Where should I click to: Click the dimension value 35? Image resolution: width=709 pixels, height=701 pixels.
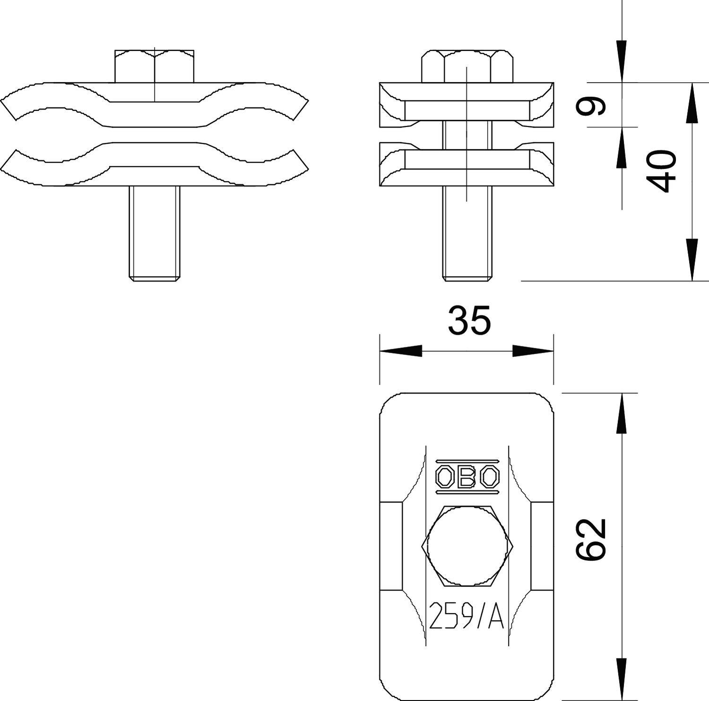click(469, 321)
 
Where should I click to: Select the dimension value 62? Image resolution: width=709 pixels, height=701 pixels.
click(591, 539)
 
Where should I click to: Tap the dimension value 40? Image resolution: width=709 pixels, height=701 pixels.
click(662, 171)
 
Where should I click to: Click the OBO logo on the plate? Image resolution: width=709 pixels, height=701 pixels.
click(467, 476)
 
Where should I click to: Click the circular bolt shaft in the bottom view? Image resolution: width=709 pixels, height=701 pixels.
click(467, 545)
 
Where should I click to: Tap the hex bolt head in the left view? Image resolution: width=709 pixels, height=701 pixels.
click(154, 66)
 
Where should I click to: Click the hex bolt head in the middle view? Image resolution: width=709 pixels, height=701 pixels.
click(467, 66)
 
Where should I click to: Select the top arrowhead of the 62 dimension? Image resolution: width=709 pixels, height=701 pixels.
click(622, 413)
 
